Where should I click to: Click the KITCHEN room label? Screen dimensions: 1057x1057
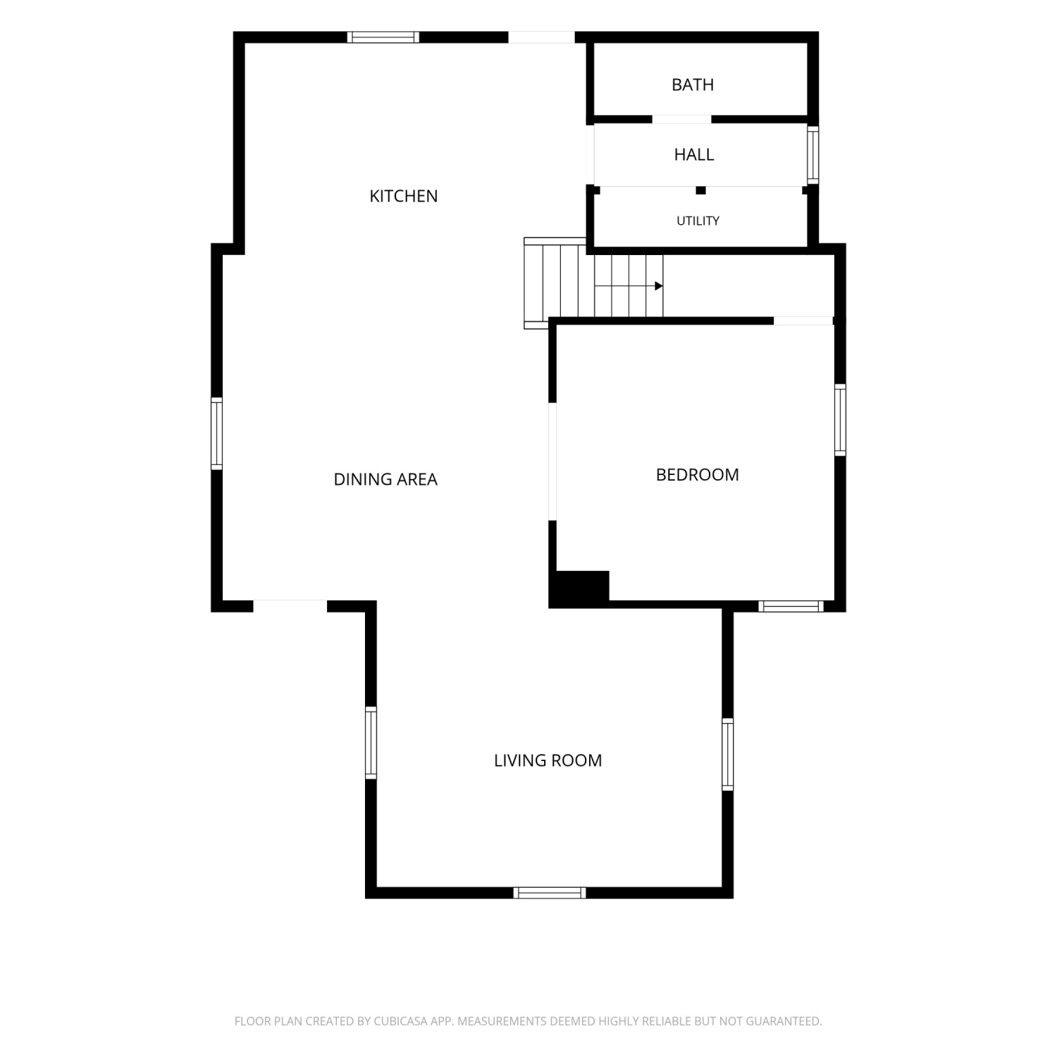click(404, 196)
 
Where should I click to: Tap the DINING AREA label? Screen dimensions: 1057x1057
click(385, 479)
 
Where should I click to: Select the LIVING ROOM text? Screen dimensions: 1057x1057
click(548, 760)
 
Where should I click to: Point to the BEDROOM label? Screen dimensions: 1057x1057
click(697, 475)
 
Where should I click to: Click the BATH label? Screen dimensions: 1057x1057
click(693, 85)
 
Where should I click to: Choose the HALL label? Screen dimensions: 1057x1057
click(694, 154)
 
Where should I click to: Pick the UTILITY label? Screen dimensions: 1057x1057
click(698, 221)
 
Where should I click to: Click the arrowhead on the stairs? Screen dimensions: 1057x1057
click(659, 286)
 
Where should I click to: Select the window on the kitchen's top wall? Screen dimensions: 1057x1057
click(383, 37)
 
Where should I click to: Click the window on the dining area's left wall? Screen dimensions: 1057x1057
click(217, 433)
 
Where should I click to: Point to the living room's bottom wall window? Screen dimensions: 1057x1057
click(550, 893)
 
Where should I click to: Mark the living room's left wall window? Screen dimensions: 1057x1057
click(371, 743)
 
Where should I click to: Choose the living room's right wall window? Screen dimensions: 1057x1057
click(728, 754)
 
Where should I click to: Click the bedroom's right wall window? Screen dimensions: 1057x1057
click(840, 419)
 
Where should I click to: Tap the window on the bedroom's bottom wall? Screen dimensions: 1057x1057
click(791, 606)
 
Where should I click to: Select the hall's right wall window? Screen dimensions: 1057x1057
click(813, 155)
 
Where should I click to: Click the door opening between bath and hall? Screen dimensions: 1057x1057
click(681, 120)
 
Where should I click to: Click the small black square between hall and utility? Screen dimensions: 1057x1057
click(700, 190)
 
